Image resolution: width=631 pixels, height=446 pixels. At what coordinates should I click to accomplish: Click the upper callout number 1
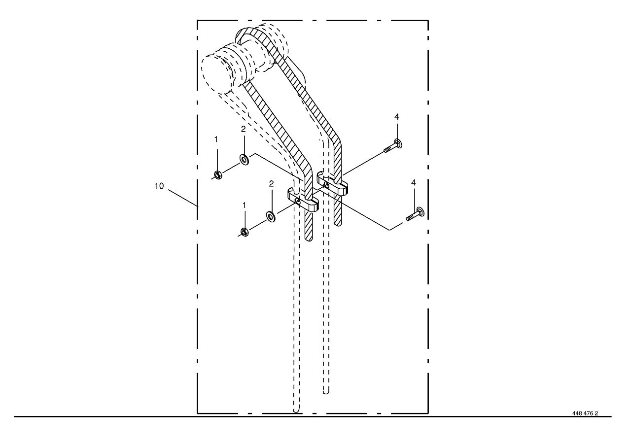[x=216, y=139]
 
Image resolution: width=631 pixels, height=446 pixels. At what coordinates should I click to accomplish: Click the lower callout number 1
[x=244, y=206]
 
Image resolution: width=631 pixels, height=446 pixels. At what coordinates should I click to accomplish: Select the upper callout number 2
[x=244, y=129]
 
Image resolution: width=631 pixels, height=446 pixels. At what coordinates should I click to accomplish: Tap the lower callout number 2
[x=271, y=184]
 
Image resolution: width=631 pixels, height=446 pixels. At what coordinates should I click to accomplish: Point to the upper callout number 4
[x=397, y=117]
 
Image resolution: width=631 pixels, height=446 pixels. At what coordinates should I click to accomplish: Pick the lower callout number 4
[x=413, y=183]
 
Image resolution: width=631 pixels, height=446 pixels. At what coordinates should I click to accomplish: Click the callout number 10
[x=159, y=186]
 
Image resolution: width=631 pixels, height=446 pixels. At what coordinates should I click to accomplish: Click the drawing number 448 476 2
[x=585, y=413]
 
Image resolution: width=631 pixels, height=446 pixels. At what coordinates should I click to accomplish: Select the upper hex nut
[x=218, y=175]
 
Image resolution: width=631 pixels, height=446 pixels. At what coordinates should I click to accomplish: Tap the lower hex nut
[x=245, y=232]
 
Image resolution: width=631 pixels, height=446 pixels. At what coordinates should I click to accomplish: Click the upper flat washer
[x=244, y=159]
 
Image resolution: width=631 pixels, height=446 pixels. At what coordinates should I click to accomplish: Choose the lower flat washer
[x=271, y=216]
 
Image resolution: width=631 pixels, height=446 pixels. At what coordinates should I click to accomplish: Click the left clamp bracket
[x=303, y=200]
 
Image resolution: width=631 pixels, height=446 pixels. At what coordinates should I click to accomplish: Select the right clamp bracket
[x=332, y=184]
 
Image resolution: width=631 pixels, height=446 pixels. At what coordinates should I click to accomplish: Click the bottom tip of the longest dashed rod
[x=296, y=412]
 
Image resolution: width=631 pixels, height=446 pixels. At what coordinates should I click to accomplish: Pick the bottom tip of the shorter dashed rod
[x=326, y=392]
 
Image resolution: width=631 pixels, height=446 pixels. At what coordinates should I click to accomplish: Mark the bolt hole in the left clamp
[x=298, y=201]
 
